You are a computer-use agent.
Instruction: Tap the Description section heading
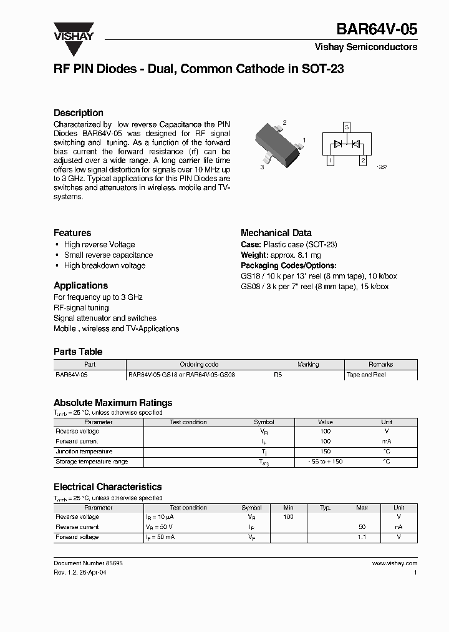click(x=79, y=113)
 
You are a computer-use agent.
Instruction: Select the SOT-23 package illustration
click(x=276, y=144)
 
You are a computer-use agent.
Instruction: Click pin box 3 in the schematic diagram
click(x=347, y=127)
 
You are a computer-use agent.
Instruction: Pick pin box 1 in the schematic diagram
click(x=331, y=160)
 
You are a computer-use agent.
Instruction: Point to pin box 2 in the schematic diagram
click(x=363, y=160)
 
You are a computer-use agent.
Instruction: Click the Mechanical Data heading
click(x=276, y=233)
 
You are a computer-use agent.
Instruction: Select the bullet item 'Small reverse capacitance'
click(x=108, y=255)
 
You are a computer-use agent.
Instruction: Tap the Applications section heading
click(x=81, y=286)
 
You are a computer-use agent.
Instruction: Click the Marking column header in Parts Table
click(x=308, y=365)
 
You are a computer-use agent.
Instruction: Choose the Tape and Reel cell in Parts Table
click(x=366, y=375)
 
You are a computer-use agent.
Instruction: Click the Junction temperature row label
click(x=84, y=452)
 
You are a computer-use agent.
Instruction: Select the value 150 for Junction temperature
click(x=325, y=452)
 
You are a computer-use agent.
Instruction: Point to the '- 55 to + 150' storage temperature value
click(x=325, y=462)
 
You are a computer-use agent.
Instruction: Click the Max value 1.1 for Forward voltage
click(x=362, y=537)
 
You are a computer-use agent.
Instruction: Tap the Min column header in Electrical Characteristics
click(x=288, y=508)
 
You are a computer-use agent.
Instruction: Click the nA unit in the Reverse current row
click(x=398, y=527)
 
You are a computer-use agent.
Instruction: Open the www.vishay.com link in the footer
click(x=394, y=563)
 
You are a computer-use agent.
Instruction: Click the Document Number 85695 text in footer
click(x=88, y=563)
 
